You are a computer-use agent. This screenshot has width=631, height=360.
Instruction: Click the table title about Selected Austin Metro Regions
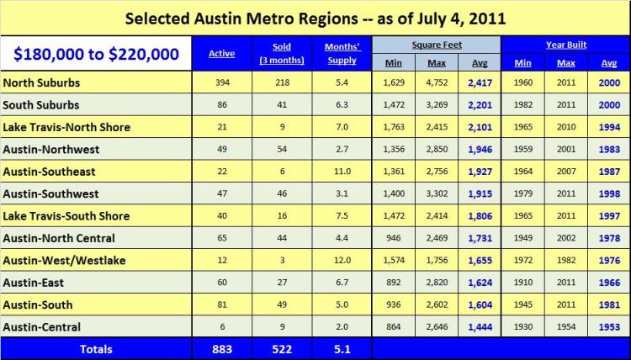tap(315, 18)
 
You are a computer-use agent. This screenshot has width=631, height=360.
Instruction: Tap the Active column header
tap(222, 54)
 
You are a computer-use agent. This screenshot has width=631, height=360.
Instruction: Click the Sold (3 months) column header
tap(282, 54)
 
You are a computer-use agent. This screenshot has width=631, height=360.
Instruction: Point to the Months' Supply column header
tap(342, 54)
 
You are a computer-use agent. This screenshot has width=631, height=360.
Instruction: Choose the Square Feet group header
tap(435, 44)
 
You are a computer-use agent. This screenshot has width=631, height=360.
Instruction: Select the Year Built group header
tap(565, 44)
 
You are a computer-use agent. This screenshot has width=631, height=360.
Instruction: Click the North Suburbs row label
tap(42, 83)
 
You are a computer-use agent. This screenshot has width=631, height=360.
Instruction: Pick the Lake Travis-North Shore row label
tap(66, 127)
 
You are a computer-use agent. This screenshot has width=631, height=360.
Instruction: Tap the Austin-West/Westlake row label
tap(64, 261)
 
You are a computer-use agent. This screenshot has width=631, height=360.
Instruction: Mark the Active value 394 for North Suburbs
tap(222, 83)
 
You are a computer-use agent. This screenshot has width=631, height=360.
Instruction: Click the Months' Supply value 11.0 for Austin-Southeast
tap(342, 172)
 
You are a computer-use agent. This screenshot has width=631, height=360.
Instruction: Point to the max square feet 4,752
tap(436, 83)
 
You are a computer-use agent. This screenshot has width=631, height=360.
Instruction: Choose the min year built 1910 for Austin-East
tap(523, 283)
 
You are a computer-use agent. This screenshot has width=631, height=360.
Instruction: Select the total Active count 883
tap(222, 348)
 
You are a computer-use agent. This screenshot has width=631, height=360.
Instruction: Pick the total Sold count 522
tap(282, 348)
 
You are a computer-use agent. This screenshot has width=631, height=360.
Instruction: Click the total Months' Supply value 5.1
tap(342, 348)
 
